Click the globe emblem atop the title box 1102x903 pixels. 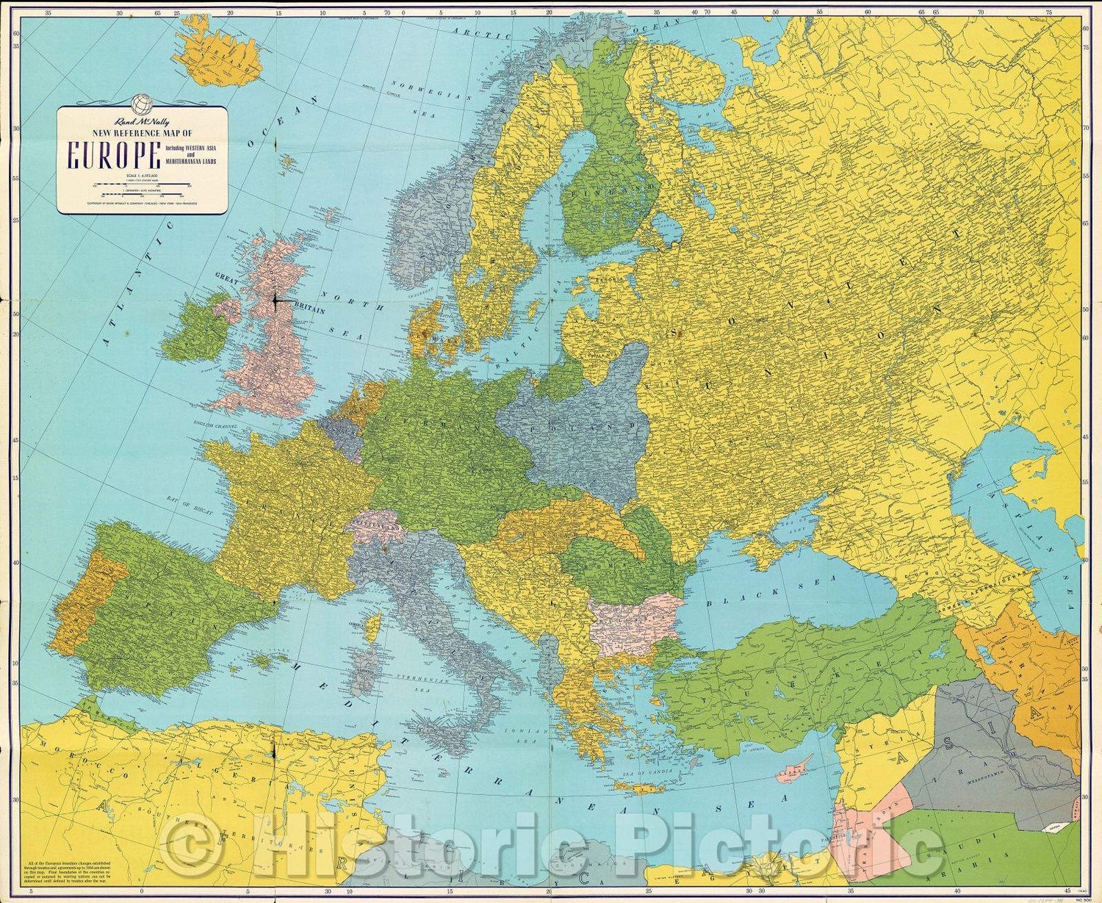tap(140, 103)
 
